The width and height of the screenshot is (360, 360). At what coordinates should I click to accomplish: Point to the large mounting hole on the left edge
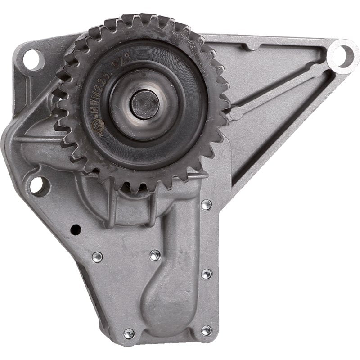[x=39, y=185]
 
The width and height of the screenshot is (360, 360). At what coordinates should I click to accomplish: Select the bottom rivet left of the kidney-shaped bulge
[x=129, y=333]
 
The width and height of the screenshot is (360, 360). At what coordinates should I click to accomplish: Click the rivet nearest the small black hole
[x=96, y=257]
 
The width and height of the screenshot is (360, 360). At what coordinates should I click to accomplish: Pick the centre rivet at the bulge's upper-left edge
[x=154, y=255]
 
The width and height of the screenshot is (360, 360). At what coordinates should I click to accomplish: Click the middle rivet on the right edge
[x=206, y=273]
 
